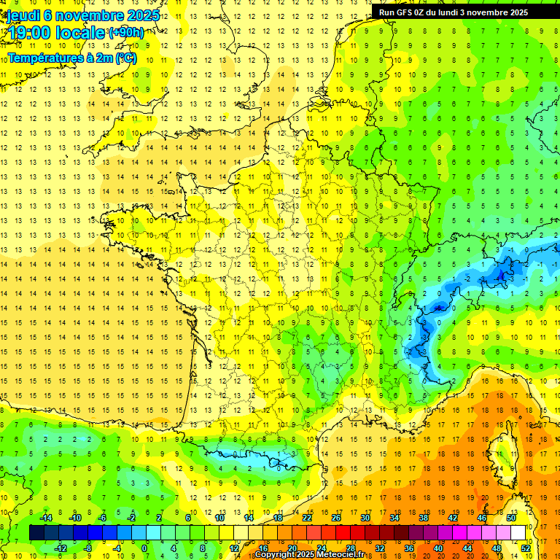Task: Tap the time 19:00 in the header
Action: pos(29,33)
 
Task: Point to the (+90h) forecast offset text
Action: pos(125,33)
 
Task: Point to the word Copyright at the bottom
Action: pos(276,555)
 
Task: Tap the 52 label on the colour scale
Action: pos(526,548)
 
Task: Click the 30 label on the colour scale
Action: pos(365,518)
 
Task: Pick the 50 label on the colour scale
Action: pos(510,518)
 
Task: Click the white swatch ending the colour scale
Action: pos(518,533)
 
